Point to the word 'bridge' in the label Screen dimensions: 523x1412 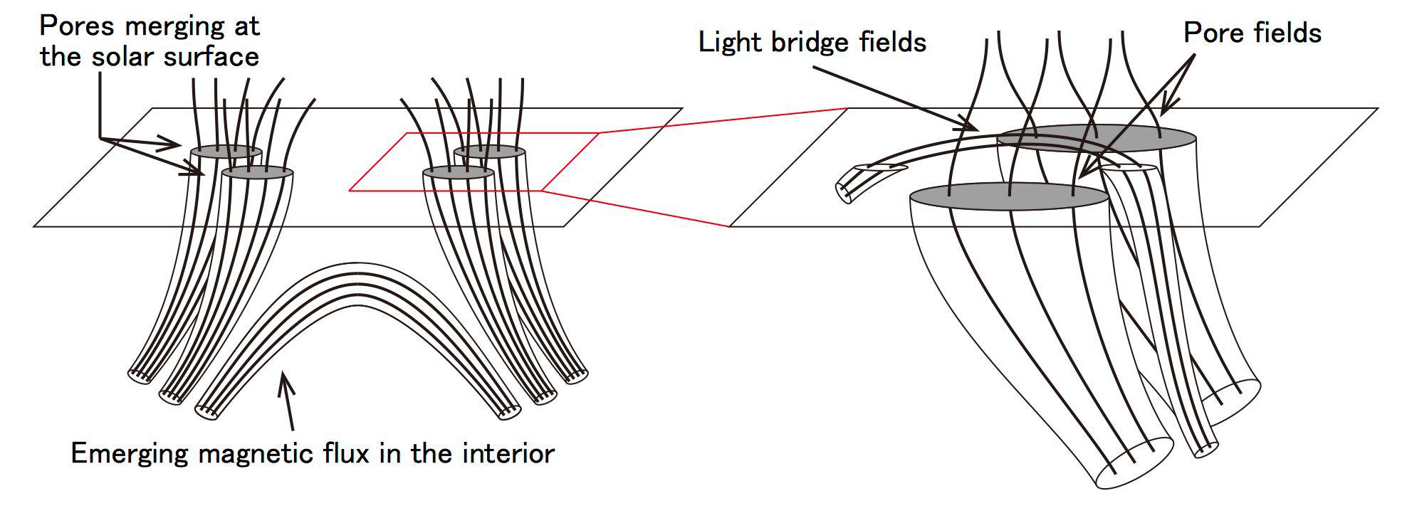[x=810, y=42]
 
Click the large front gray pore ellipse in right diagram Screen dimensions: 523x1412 [x=1010, y=196]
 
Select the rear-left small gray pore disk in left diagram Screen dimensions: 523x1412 [x=226, y=152]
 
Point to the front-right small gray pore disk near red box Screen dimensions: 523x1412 [x=459, y=173]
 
